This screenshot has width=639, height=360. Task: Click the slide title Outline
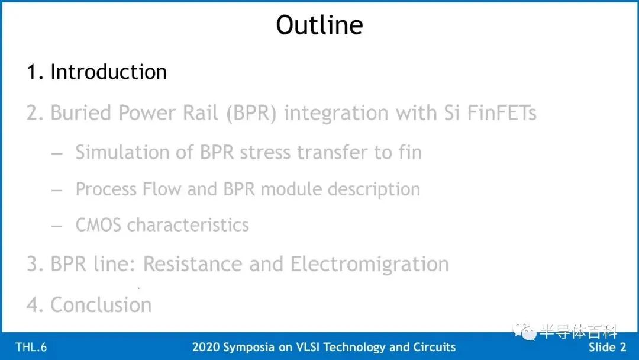tap(319, 25)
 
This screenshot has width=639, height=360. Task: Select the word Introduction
tap(109, 72)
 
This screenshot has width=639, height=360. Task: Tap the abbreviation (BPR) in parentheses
tap(251, 113)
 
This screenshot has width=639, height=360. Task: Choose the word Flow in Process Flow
tap(162, 189)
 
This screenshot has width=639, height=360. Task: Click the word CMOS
tap(98, 225)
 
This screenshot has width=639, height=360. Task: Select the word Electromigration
tap(370, 263)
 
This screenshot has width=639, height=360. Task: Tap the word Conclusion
tap(101, 304)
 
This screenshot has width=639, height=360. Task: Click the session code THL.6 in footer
tap(31, 347)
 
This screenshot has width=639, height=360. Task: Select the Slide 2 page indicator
tap(607, 347)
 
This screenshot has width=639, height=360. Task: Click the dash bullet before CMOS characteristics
tap(57, 226)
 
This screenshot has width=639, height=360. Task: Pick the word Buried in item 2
tap(80, 112)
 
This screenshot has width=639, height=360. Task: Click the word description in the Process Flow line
tap(374, 189)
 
